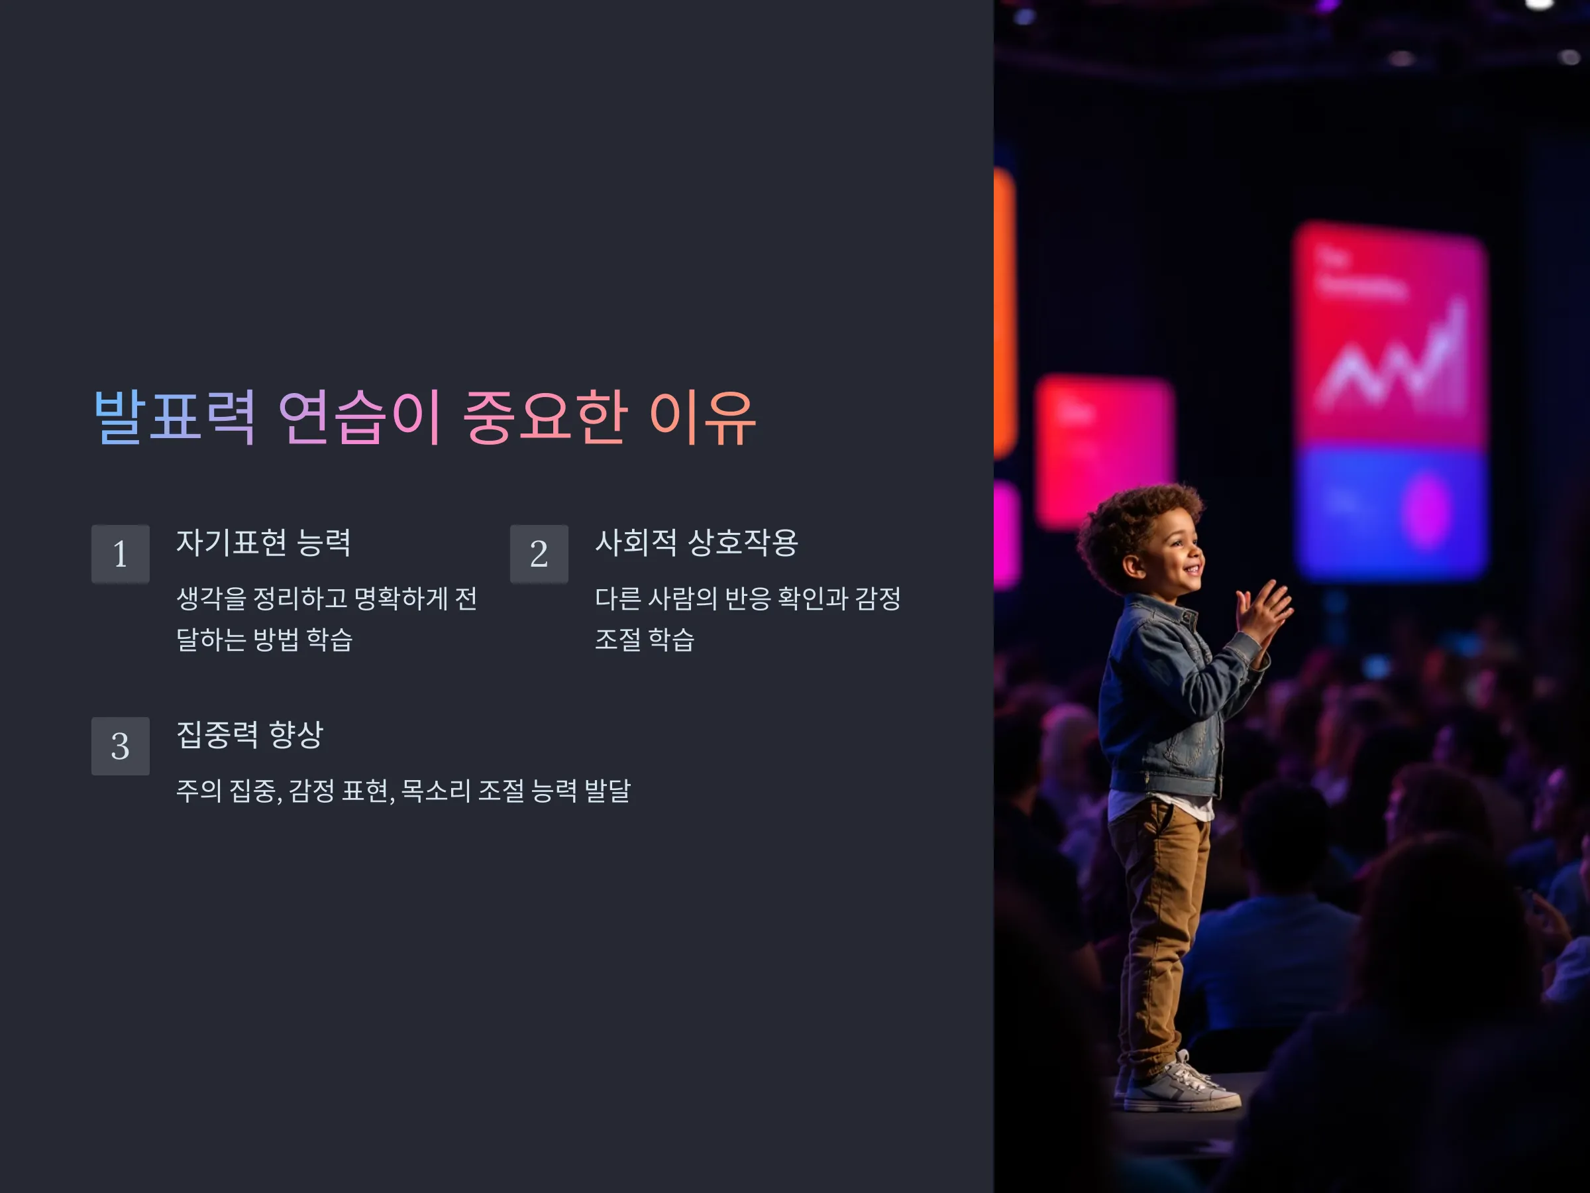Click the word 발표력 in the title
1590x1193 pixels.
[x=175, y=417]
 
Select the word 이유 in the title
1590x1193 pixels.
[x=702, y=417]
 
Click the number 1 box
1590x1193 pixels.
[x=121, y=553]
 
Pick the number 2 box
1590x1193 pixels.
[x=539, y=553]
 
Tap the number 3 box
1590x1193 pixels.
[x=121, y=746]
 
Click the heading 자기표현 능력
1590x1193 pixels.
[x=264, y=542]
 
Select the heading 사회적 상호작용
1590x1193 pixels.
[x=696, y=542]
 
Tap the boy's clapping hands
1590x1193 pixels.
[x=1263, y=612]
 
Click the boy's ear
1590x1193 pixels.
[x=1134, y=567]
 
